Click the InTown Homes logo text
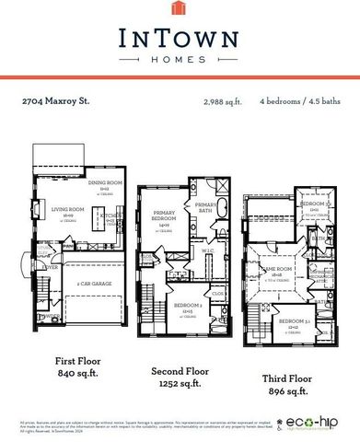(180, 38)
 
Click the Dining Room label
(99, 183)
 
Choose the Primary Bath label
(204, 208)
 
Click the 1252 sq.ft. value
(176, 384)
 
